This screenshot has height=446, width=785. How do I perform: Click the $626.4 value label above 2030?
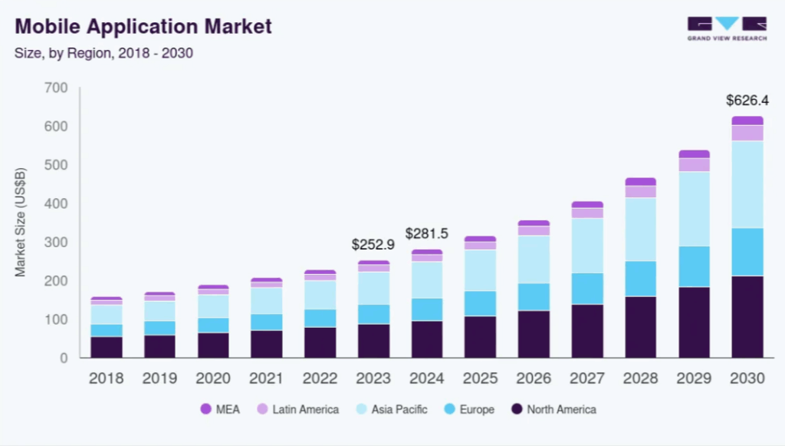pos(747,101)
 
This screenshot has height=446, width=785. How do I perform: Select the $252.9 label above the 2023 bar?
pos(373,245)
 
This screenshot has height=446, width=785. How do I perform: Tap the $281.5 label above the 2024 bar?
pos(426,233)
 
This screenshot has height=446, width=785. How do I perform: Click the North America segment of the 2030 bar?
pos(747,316)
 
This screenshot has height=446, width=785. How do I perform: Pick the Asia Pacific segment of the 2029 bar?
pos(694,209)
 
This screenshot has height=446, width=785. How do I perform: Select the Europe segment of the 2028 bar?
pos(640,279)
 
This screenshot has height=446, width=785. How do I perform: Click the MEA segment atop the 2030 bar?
pos(747,121)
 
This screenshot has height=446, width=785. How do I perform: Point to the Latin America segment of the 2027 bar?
pos(587,213)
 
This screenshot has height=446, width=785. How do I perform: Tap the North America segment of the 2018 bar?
pos(106,347)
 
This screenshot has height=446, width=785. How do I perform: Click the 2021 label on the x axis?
pos(266,378)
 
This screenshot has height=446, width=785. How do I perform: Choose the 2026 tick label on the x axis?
pos(534,378)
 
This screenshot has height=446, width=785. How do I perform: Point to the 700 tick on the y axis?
pos(57,88)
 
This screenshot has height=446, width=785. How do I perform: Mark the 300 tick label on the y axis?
pos(57,243)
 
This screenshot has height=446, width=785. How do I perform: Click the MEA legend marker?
pos(205,409)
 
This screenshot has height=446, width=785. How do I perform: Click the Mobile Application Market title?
pos(143,27)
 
